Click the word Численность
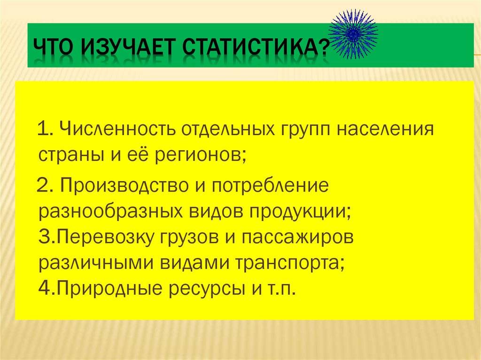(x=117, y=129)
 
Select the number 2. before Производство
(x=46, y=185)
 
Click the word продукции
(x=300, y=212)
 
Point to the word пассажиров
(x=297, y=237)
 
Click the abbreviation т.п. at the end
(x=282, y=289)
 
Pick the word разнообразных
(x=110, y=212)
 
